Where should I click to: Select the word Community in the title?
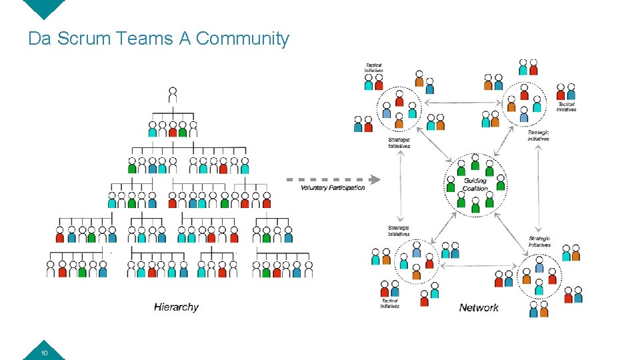click(x=243, y=39)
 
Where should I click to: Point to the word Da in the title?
click(x=40, y=39)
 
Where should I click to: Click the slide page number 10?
click(x=44, y=353)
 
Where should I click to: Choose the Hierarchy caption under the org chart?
click(x=176, y=307)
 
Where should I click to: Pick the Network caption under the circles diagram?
click(x=479, y=307)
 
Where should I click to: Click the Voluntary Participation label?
click(x=333, y=188)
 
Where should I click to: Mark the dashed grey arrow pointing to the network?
click(x=333, y=179)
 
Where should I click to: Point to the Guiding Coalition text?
click(x=475, y=184)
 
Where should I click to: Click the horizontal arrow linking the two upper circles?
click(x=461, y=102)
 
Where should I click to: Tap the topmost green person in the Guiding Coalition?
click(x=475, y=161)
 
